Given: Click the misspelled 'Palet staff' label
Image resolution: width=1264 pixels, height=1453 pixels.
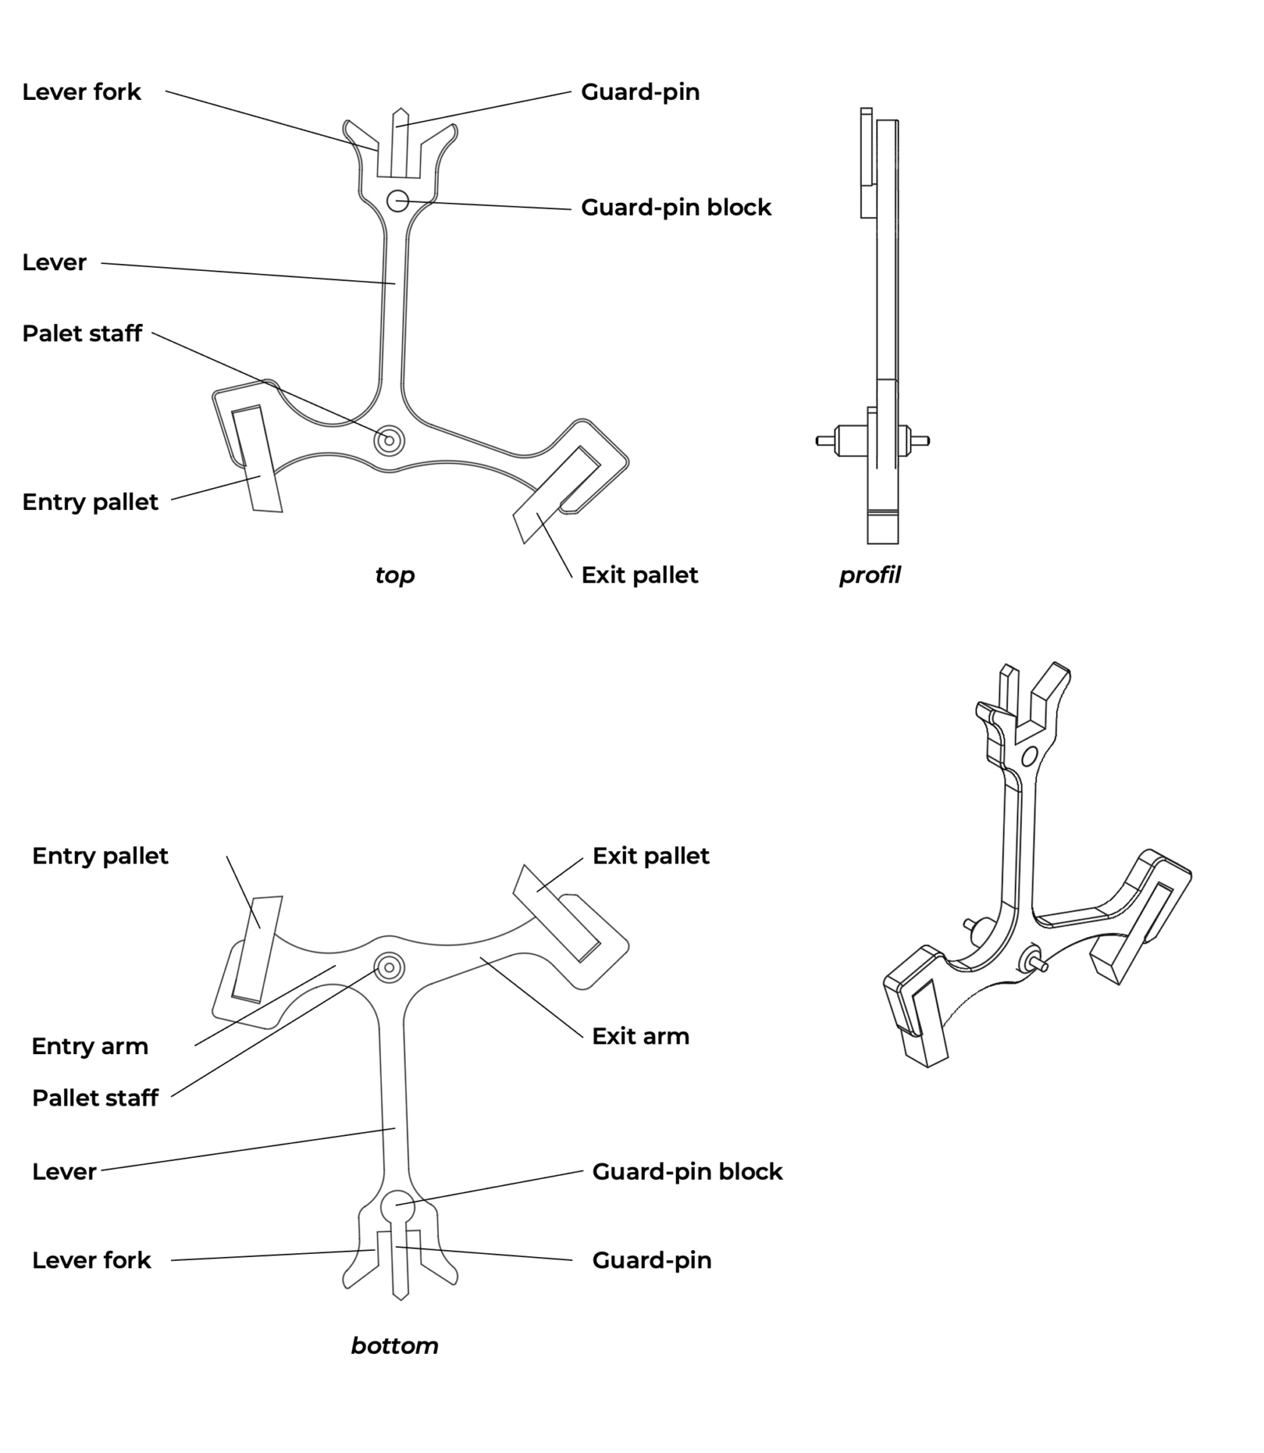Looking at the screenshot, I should coord(82,334).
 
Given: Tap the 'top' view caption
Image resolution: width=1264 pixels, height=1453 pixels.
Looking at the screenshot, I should coord(394,575).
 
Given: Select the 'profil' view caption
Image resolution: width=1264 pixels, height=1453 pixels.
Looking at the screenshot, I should coord(870,575).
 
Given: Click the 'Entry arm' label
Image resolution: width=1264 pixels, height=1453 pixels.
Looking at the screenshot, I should coord(90,1047).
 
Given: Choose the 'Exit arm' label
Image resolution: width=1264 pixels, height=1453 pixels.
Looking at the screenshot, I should coord(640,1036).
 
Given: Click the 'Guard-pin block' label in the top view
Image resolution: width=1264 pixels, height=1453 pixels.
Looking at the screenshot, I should coord(676,207).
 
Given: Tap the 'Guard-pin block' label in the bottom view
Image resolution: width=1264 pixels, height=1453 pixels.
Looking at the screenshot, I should coord(687,1171).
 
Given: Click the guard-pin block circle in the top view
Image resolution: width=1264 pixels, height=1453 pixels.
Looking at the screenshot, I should coord(397,201).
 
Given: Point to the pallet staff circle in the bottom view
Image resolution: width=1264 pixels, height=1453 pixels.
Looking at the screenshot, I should coord(390,967).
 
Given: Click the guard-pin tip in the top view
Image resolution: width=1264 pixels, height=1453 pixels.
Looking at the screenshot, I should coord(400,114).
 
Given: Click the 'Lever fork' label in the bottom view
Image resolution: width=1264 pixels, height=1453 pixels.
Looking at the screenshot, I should coord(92,1260).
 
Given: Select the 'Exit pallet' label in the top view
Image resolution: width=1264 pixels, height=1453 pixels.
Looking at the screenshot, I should coord(640,575).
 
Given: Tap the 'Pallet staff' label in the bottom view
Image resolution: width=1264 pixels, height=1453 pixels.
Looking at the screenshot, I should coord(95,1098).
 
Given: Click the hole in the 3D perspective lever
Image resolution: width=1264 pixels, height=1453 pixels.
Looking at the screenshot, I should coord(1029,756).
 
